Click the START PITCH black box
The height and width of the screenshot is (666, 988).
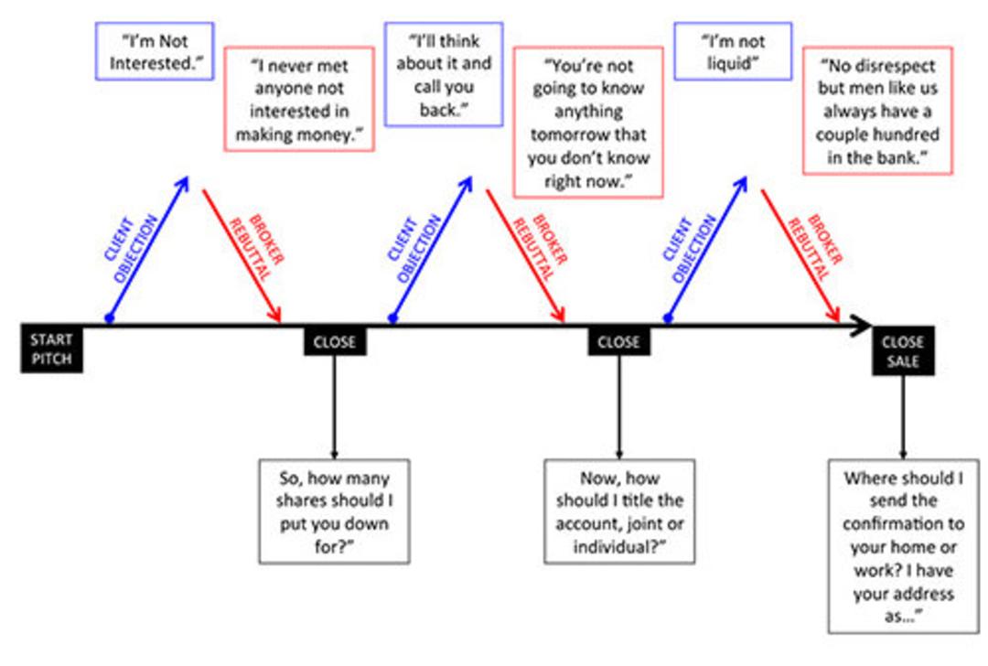tap(51, 349)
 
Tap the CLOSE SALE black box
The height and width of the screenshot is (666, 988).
tap(903, 351)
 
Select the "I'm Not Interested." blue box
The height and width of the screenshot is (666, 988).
tap(155, 51)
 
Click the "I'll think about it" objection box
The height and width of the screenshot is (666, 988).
tap(444, 74)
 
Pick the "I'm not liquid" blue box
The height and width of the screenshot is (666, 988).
tap(733, 51)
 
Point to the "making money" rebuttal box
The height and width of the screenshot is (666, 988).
tap(299, 99)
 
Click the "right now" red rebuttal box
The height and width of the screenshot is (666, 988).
tap(588, 123)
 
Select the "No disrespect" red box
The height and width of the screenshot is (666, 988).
tap(877, 111)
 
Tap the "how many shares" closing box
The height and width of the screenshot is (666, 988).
tap(334, 511)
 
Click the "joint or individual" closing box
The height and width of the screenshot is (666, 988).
tap(619, 511)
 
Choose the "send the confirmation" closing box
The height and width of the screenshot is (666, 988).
tap(904, 545)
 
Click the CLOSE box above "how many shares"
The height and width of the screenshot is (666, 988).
tap(335, 341)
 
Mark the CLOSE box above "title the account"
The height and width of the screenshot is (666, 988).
tap(618, 341)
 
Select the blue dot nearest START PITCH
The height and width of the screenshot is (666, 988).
tap(110, 318)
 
